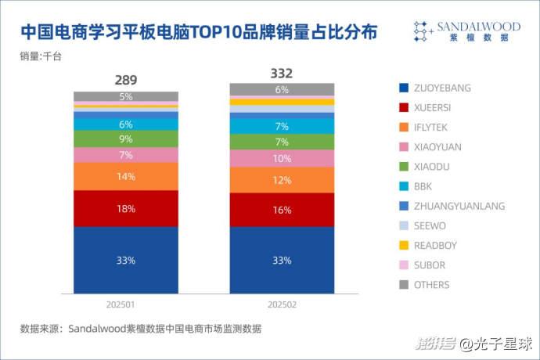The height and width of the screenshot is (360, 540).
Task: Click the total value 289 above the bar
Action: click(x=126, y=80)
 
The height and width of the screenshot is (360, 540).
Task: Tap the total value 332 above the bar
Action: click(x=282, y=74)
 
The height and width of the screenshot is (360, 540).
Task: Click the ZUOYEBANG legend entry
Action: click(x=442, y=88)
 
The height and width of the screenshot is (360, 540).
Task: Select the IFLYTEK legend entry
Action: click(x=434, y=127)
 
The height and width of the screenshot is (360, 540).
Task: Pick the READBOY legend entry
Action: click(x=436, y=245)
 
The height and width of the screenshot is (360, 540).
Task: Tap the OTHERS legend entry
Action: click(x=432, y=285)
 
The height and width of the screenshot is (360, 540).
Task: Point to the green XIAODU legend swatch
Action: click(x=402, y=167)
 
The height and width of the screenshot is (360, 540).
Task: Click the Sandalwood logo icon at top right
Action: click(x=423, y=31)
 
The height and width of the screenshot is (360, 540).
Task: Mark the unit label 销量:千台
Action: click(x=41, y=57)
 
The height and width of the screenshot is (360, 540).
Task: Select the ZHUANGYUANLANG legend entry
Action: click(x=459, y=206)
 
